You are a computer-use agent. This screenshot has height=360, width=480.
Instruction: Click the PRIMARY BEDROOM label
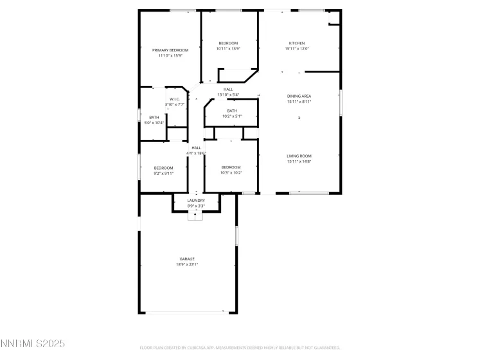(x=170, y=50)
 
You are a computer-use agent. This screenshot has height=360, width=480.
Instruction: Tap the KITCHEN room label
(x=296, y=43)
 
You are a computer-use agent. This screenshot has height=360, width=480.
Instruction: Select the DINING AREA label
(x=299, y=96)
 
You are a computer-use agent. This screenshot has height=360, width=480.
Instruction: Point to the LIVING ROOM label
(x=299, y=156)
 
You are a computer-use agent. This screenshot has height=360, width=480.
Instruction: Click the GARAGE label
(x=187, y=259)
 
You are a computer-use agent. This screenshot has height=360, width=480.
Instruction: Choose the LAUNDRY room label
(x=196, y=200)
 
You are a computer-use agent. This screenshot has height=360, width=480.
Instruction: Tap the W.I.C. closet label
(x=174, y=99)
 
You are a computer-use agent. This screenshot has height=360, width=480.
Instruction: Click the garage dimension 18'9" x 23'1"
(x=187, y=264)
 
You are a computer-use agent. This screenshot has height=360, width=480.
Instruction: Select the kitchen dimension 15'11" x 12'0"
(x=298, y=49)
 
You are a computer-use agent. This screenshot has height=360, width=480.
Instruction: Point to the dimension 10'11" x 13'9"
(x=228, y=49)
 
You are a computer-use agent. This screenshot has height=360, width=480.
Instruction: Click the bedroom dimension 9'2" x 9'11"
(x=163, y=173)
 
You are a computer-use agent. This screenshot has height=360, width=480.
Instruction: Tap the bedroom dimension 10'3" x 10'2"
(x=231, y=173)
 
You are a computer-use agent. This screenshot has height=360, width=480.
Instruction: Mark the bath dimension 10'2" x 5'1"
(x=231, y=116)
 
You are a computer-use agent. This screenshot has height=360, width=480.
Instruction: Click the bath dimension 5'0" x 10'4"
(x=154, y=123)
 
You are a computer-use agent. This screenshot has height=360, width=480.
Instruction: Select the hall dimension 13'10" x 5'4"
(x=228, y=95)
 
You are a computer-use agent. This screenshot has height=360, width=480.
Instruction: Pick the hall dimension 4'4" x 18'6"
(x=196, y=153)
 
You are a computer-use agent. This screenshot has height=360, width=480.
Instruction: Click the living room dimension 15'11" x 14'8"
(x=299, y=161)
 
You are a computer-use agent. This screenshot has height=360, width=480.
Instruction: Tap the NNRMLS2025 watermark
(x=33, y=345)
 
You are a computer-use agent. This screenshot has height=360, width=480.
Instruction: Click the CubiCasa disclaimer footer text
(x=240, y=348)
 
